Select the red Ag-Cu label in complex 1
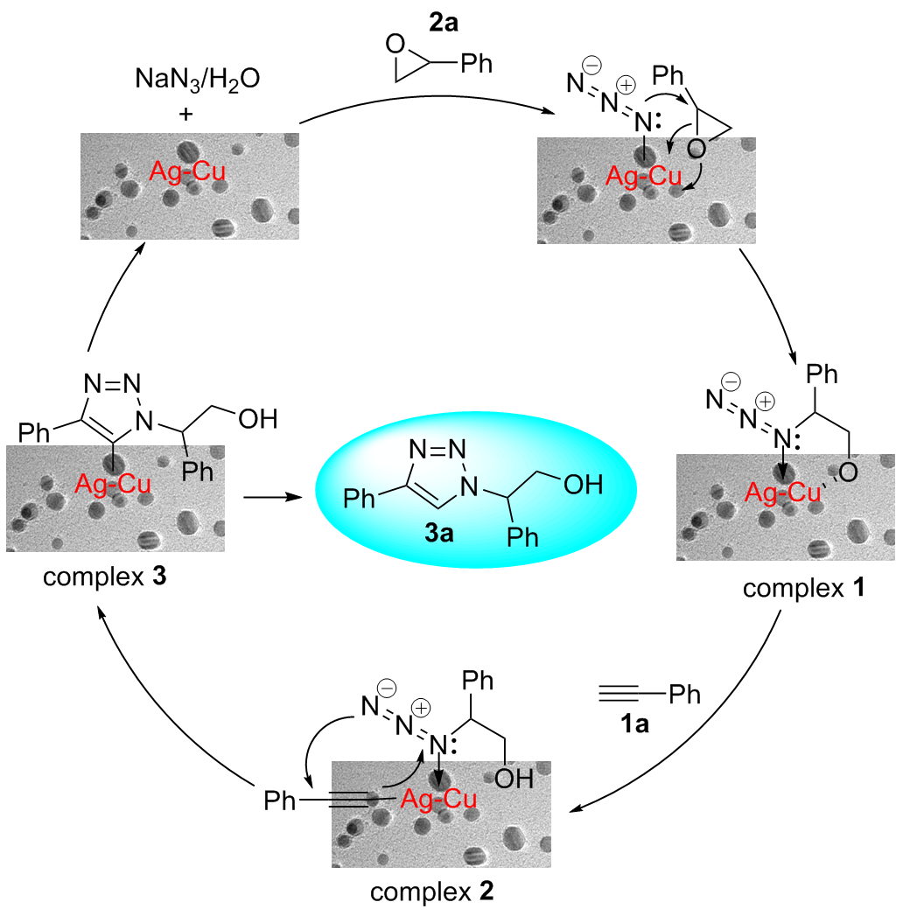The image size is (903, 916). tap(783, 494)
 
